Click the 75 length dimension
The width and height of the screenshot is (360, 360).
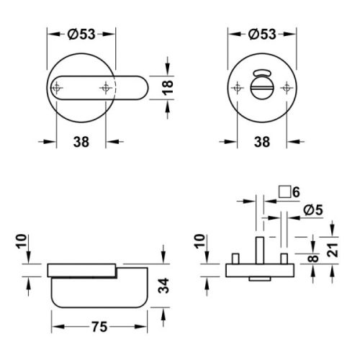[x=99, y=327]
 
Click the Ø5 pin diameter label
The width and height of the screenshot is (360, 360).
[x=315, y=210]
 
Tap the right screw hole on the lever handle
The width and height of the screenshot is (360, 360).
[x=107, y=87]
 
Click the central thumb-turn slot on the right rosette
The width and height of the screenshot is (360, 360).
[x=263, y=91]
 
